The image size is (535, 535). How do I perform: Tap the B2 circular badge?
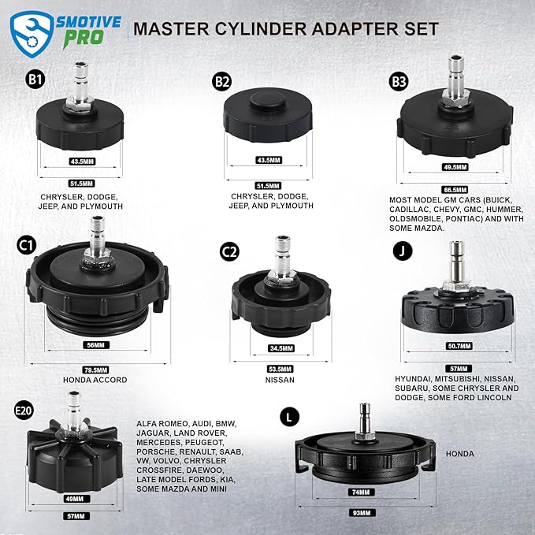click(x=222, y=80)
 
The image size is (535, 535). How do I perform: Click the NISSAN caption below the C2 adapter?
click(x=280, y=380)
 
